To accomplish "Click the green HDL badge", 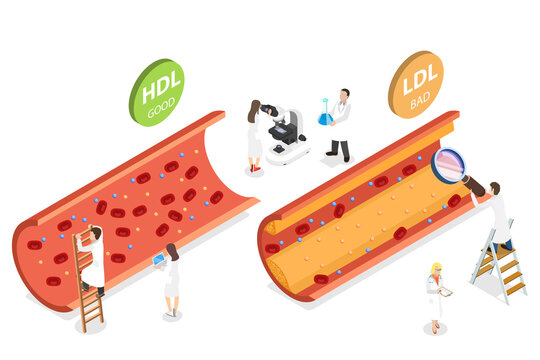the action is pyautogui.click(x=156, y=91).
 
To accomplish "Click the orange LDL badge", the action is pyautogui.click(x=415, y=84).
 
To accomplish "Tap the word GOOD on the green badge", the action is pyautogui.click(x=161, y=107).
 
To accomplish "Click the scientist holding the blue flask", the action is pyautogui.click(x=341, y=123).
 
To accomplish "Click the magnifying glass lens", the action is pyautogui.click(x=448, y=165).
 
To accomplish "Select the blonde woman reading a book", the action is pyautogui.click(x=435, y=295).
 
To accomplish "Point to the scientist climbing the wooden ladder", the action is pyautogui.click(x=92, y=258).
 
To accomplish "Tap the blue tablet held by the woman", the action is pyautogui.click(x=158, y=260).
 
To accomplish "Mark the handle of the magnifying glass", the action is pyautogui.click(x=475, y=185).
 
